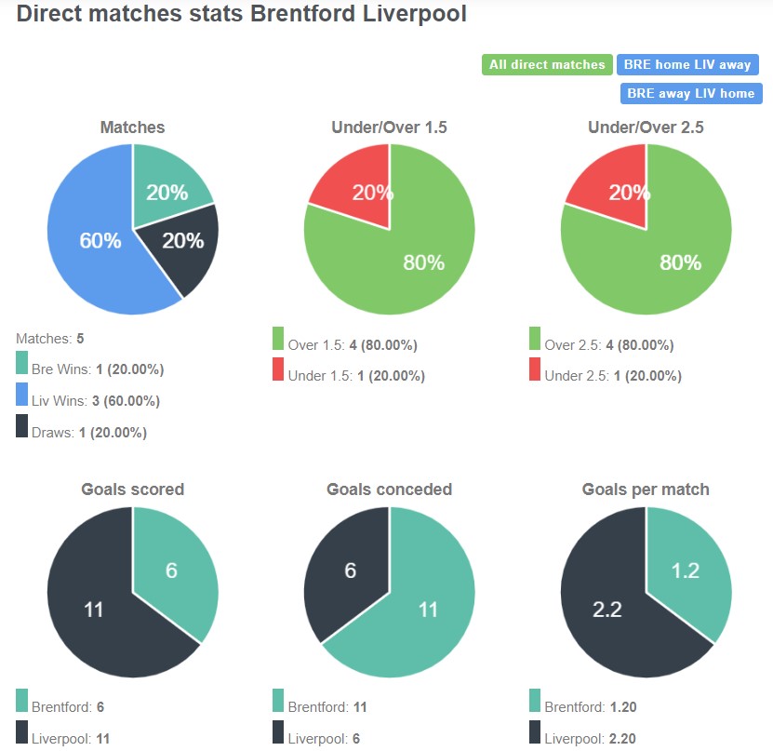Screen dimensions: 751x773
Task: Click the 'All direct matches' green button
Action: tap(547, 65)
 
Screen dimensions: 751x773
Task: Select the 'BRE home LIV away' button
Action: tap(687, 65)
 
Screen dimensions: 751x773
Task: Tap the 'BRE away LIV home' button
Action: tap(691, 94)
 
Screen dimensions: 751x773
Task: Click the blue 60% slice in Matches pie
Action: tap(93, 242)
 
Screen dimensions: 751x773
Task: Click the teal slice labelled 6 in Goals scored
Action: tap(173, 568)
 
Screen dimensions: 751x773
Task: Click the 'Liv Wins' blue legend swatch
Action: tap(22, 400)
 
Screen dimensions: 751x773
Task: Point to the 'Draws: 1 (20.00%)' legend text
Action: tap(89, 432)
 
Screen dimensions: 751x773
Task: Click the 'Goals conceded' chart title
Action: tap(389, 489)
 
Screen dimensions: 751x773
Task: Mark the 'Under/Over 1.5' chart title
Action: tap(389, 127)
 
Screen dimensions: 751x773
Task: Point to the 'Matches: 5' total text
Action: tap(50, 339)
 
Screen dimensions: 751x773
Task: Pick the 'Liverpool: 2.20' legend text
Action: tap(590, 738)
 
